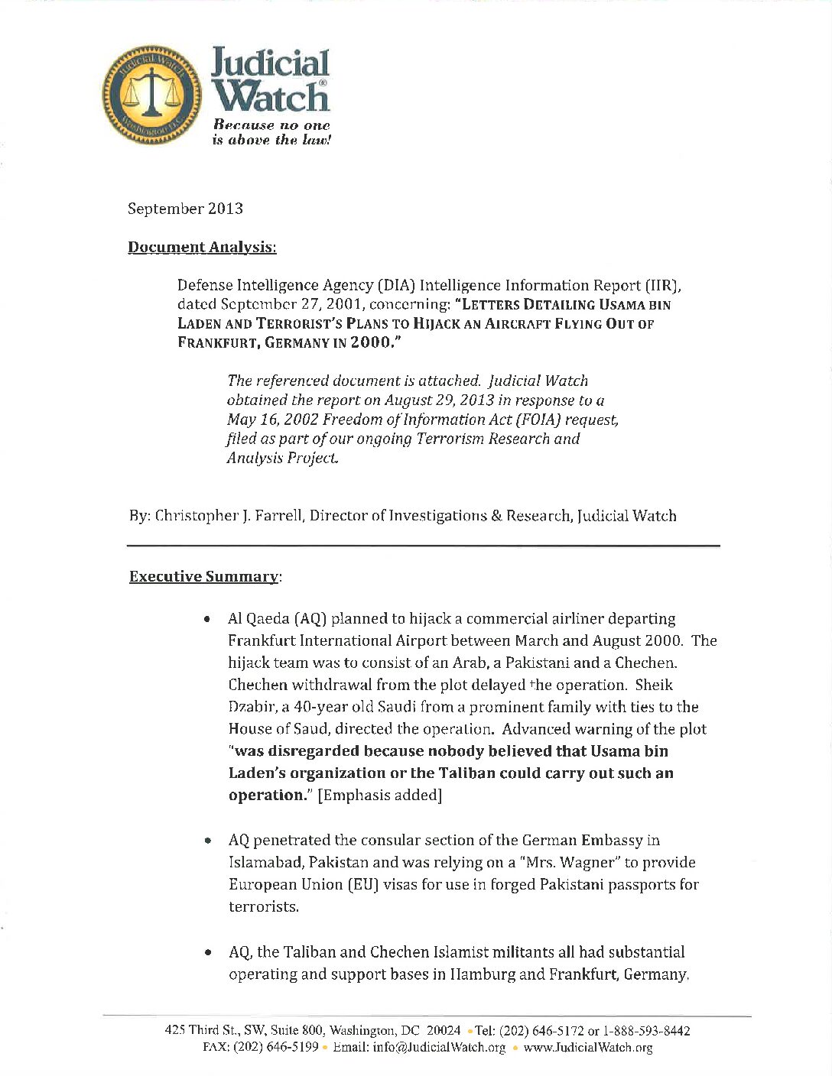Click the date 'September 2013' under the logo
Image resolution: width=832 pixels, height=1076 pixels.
(185, 209)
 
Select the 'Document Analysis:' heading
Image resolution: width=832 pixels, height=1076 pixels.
(202, 247)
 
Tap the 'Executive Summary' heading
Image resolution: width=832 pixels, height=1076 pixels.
(203, 576)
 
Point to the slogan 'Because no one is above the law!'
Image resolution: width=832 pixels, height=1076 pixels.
(271, 132)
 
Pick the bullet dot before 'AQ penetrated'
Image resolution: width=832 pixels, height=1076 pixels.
(207, 841)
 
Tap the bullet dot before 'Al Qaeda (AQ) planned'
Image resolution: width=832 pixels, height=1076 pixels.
(207, 620)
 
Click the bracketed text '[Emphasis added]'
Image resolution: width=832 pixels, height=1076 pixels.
(380, 795)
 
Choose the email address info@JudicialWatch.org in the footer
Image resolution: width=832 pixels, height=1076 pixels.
(439, 1048)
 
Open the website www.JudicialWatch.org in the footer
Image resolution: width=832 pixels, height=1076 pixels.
(587, 1048)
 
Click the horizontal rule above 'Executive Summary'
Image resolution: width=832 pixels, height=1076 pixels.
(423, 545)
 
